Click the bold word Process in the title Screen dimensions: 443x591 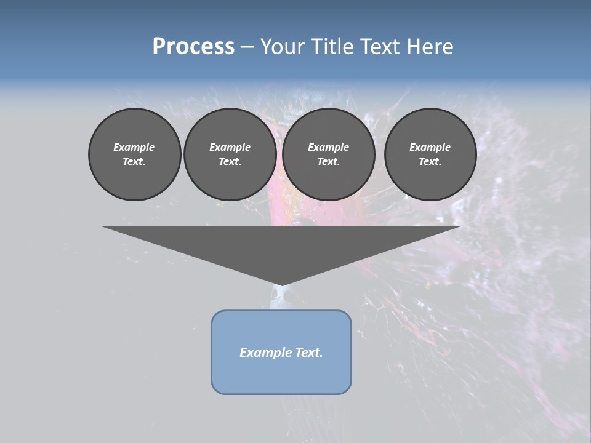point(193,47)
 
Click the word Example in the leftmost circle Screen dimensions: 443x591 point(134,147)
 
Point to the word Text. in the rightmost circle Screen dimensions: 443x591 point(430,162)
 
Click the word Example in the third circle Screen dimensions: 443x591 point(328,147)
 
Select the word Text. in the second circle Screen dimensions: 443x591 point(230,162)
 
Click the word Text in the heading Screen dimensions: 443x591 point(378,47)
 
